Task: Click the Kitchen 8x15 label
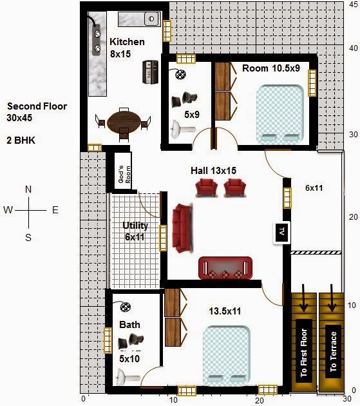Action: pos(127,48)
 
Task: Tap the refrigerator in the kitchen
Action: pos(150,72)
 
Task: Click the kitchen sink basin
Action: pos(151,19)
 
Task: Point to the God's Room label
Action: pos(124,175)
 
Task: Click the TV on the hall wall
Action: pos(282,233)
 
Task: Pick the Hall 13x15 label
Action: pos(214,171)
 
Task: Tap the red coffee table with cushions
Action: pos(225,268)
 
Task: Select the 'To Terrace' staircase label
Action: pos(334,352)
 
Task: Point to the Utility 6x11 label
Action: pos(135,231)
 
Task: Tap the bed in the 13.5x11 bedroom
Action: pos(227,355)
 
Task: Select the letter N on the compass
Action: pos(28,189)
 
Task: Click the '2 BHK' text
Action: pos(21,140)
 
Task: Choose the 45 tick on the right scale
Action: pos(354,5)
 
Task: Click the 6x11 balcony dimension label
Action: pos(314,188)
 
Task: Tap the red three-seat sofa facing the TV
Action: pos(183,228)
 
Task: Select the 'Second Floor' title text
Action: pos(37,106)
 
